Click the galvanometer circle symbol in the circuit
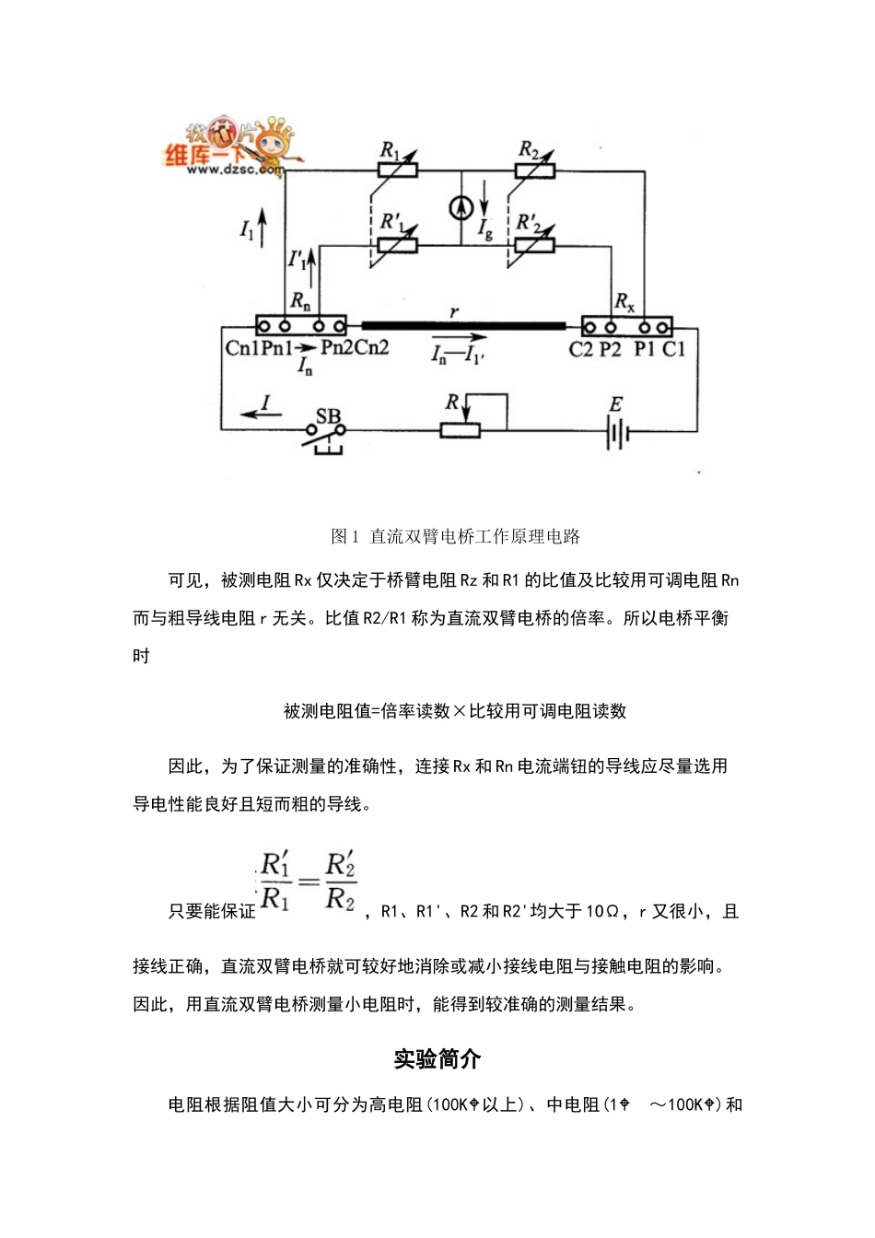pyautogui.click(x=461, y=208)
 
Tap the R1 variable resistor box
pyautogui.click(x=397, y=170)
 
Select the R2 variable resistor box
pyautogui.click(x=534, y=170)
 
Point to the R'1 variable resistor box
pyautogui.click(x=397, y=245)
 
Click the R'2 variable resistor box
pyautogui.click(x=534, y=245)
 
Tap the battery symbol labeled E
pyautogui.click(x=616, y=431)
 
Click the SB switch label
pyautogui.click(x=328, y=415)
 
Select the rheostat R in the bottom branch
pyautogui.click(x=460, y=429)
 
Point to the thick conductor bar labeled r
pyautogui.click(x=463, y=325)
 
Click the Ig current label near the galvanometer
pyautogui.click(x=486, y=228)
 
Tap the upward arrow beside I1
pyautogui.click(x=262, y=227)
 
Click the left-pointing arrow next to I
pyautogui.click(x=249, y=414)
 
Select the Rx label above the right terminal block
pyautogui.click(x=624, y=301)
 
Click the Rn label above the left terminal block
pyautogui.click(x=300, y=300)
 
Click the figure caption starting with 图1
pyautogui.click(x=455, y=536)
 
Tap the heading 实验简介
pyautogui.click(x=437, y=1059)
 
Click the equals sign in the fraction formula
pyautogui.click(x=309, y=881)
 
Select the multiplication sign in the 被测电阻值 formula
pyautogui.click(x=460, y=711)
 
